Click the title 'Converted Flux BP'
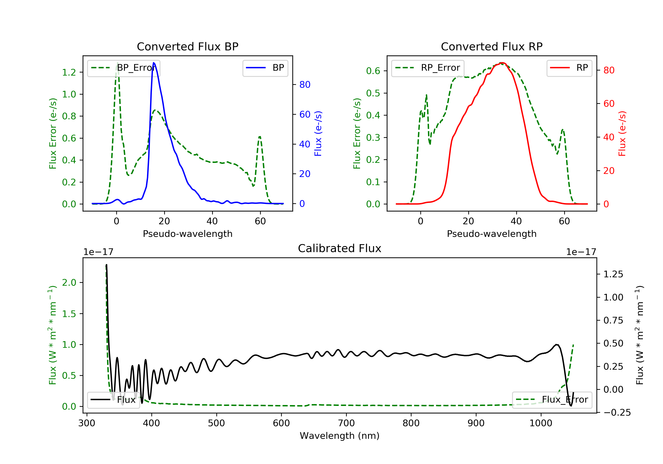point(187,46)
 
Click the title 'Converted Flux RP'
point(492,46)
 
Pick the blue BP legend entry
point(265,68)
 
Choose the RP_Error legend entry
point(428,68)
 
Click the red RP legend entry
point(569,68)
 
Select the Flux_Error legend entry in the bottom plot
point(552,400)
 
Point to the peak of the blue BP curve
point(154,63)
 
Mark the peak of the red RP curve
point(502,63)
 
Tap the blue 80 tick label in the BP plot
point(305,85)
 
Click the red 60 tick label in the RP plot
point(609,104)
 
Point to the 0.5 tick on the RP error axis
point(373,93)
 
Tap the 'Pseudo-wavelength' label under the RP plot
point(492,234)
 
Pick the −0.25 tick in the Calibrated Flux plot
point(617,413)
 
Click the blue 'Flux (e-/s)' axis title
point(318,133)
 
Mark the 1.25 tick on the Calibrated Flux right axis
point(613,274)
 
